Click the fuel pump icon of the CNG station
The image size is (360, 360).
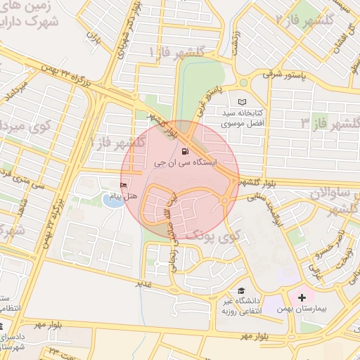(185, 150)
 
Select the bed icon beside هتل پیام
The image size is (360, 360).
(124, 186)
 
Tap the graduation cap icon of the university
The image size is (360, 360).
(241, 290)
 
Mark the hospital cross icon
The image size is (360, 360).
(302, 297)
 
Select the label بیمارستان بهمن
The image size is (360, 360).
(303, 310)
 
